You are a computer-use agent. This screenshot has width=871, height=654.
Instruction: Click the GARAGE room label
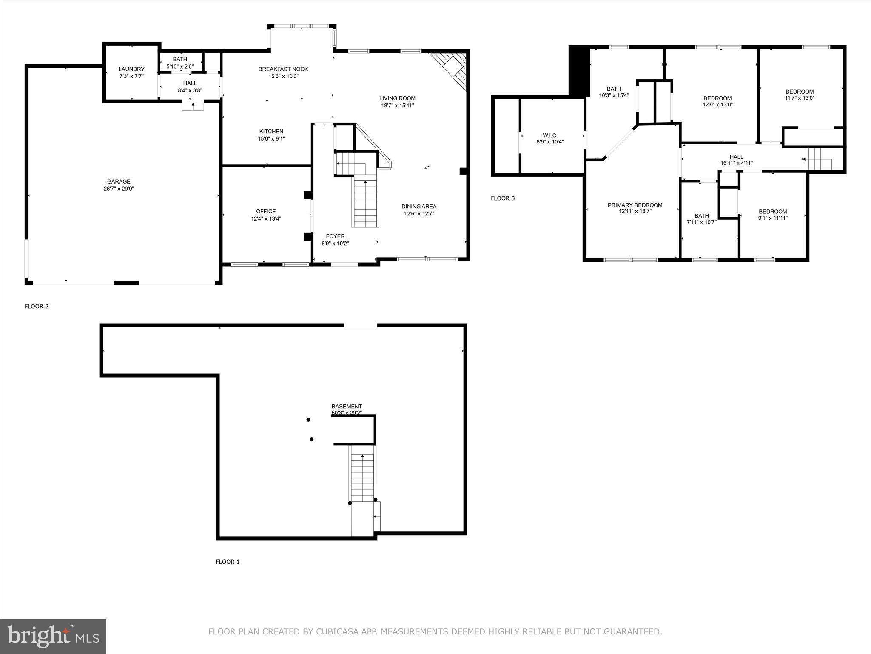point(119,181)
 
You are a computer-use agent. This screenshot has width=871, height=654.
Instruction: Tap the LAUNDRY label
point(131,69)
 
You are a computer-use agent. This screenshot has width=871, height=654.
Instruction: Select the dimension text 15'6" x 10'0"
point(283,77)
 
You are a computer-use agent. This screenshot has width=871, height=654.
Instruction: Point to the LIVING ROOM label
point(397,98)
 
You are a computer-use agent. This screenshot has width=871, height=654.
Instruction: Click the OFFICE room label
point(266,212)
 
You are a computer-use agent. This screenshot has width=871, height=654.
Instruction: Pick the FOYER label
point(335,236)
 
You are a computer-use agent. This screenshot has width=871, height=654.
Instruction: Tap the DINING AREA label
point(419,207)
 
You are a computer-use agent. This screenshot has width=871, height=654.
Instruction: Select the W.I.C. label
point(550,135)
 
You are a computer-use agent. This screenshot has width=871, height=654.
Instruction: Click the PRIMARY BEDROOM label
point(635,205)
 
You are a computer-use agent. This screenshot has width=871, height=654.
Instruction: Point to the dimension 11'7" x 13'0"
point(800,98)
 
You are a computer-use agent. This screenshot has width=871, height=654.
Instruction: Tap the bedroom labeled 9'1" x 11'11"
point(772,215)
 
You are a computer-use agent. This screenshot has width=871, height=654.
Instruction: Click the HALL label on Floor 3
point(736,157)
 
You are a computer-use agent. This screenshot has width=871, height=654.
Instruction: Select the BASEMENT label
point(347,407)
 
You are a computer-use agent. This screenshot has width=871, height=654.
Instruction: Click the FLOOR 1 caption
point(228,562)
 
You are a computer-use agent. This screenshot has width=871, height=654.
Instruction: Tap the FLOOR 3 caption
point(502,198)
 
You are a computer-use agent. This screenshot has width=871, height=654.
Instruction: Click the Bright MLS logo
point(53,636)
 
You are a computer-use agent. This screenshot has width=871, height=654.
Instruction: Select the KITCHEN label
point(271,132)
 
